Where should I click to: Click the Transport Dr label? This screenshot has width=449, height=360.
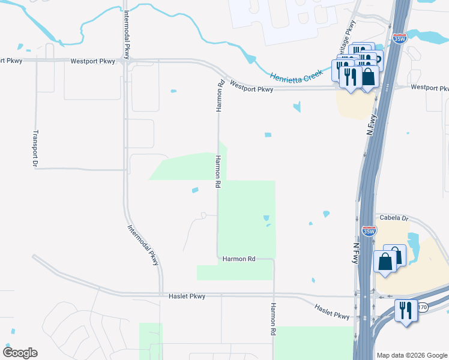(35, 148)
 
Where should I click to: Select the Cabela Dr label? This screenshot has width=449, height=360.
(393, 218)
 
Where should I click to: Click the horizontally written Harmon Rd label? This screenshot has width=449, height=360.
(239, 259)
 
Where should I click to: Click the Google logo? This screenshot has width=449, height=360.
(20, 353)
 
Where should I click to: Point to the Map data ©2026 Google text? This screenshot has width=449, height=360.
(412, 355)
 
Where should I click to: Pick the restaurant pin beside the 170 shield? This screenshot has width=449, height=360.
(405, 310)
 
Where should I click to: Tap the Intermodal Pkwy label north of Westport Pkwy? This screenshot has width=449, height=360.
(127, 34)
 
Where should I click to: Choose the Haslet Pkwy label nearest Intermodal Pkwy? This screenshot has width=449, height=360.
(188, 296)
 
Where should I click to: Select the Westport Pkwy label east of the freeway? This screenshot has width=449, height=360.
(429, 88)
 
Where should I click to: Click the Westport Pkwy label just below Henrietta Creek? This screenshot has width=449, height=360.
(251, 88)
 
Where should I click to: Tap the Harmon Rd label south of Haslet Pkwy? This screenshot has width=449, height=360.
(273, 319)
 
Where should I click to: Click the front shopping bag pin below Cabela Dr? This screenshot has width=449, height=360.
(384, 262)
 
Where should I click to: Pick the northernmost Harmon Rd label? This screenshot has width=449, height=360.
(220, 96)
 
